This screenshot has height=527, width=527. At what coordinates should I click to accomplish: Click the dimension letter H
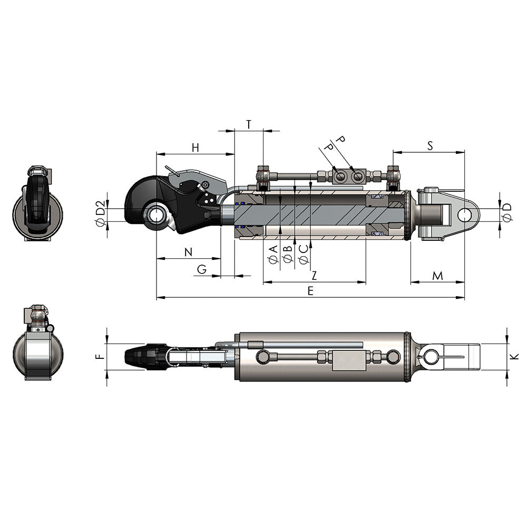(196, 148)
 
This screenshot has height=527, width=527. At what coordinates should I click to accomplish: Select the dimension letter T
(249, 124)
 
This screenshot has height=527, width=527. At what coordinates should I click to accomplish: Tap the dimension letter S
(430, 146)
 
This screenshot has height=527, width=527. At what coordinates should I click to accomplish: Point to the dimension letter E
(310, 291)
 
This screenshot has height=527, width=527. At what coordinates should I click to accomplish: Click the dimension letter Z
(314, 275)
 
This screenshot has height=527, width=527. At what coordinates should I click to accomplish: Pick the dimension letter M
(437, 275)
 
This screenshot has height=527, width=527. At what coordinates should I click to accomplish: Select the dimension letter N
(188, 252)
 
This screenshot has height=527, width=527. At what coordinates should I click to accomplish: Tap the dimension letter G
(202, 269)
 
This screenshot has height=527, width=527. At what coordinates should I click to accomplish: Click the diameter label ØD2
(100, 211)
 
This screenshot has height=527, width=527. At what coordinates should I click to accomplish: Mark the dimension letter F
(100, 356)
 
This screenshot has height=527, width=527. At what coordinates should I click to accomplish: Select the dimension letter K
(514, 356)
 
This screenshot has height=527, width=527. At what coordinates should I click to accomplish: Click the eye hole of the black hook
(157, 215)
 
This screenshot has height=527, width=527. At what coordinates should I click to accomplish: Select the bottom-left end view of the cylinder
(37, 343)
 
